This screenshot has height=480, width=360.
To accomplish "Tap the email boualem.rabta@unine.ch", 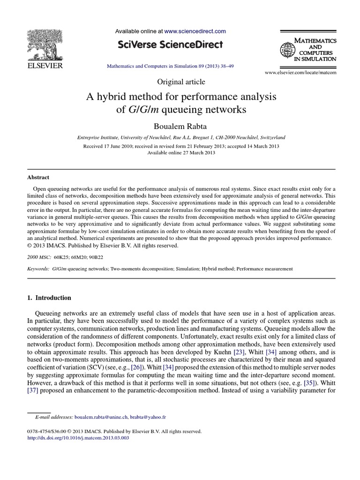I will pos(102,416).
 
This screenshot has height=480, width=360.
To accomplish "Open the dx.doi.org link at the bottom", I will pos(78,438).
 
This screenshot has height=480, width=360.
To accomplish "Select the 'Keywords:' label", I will pos(38,269).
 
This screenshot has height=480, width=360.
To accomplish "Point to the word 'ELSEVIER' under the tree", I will pos(42,66).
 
